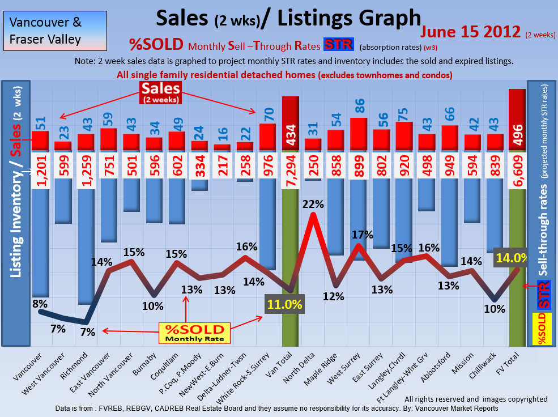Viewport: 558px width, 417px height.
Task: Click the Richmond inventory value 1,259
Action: [x=86, y=170]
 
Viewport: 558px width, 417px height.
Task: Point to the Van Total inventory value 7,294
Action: [x=290, y=170]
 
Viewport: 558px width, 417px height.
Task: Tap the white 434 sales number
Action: [x=290, y=135]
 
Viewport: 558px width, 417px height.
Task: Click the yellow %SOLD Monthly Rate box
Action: [x=194, y=333]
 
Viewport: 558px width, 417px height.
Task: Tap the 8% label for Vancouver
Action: [x=40, y=304]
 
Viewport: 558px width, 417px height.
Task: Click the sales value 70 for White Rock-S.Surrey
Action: [x=268, y=112]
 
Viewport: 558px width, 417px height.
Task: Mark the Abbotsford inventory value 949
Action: [x=450, y=170]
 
